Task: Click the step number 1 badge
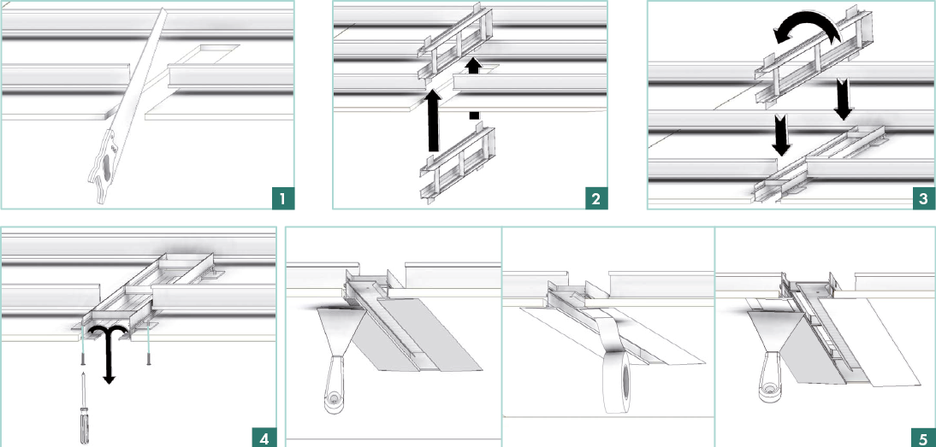[282, 198]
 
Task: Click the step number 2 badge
[595, 198]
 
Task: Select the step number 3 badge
[923, 198]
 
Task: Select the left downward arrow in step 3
[781, 135]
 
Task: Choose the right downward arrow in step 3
[844, 98]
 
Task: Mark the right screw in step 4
[149, 351]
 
